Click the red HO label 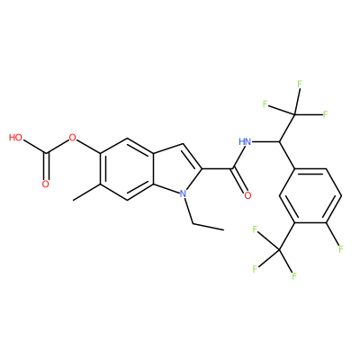click(15, 138)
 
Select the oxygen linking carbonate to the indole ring click(72, 139)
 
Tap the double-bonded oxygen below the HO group click(45, 184)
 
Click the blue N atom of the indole click(184, 193)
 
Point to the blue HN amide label click(245, 141)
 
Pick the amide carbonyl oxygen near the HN click(247, 195)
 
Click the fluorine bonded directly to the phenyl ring click(341, 248)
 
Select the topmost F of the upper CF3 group click(300, 84)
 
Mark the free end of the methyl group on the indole click(74, 200)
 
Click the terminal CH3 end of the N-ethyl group click(223, 230)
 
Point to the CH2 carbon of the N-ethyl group click(193, 223)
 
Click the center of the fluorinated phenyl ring click(310, 196)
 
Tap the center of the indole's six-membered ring click(127, 169)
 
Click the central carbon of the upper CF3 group click(295, 114)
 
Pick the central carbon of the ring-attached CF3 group click(279, 249)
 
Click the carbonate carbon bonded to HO click(46, 154)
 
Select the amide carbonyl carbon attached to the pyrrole click(232, 169)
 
